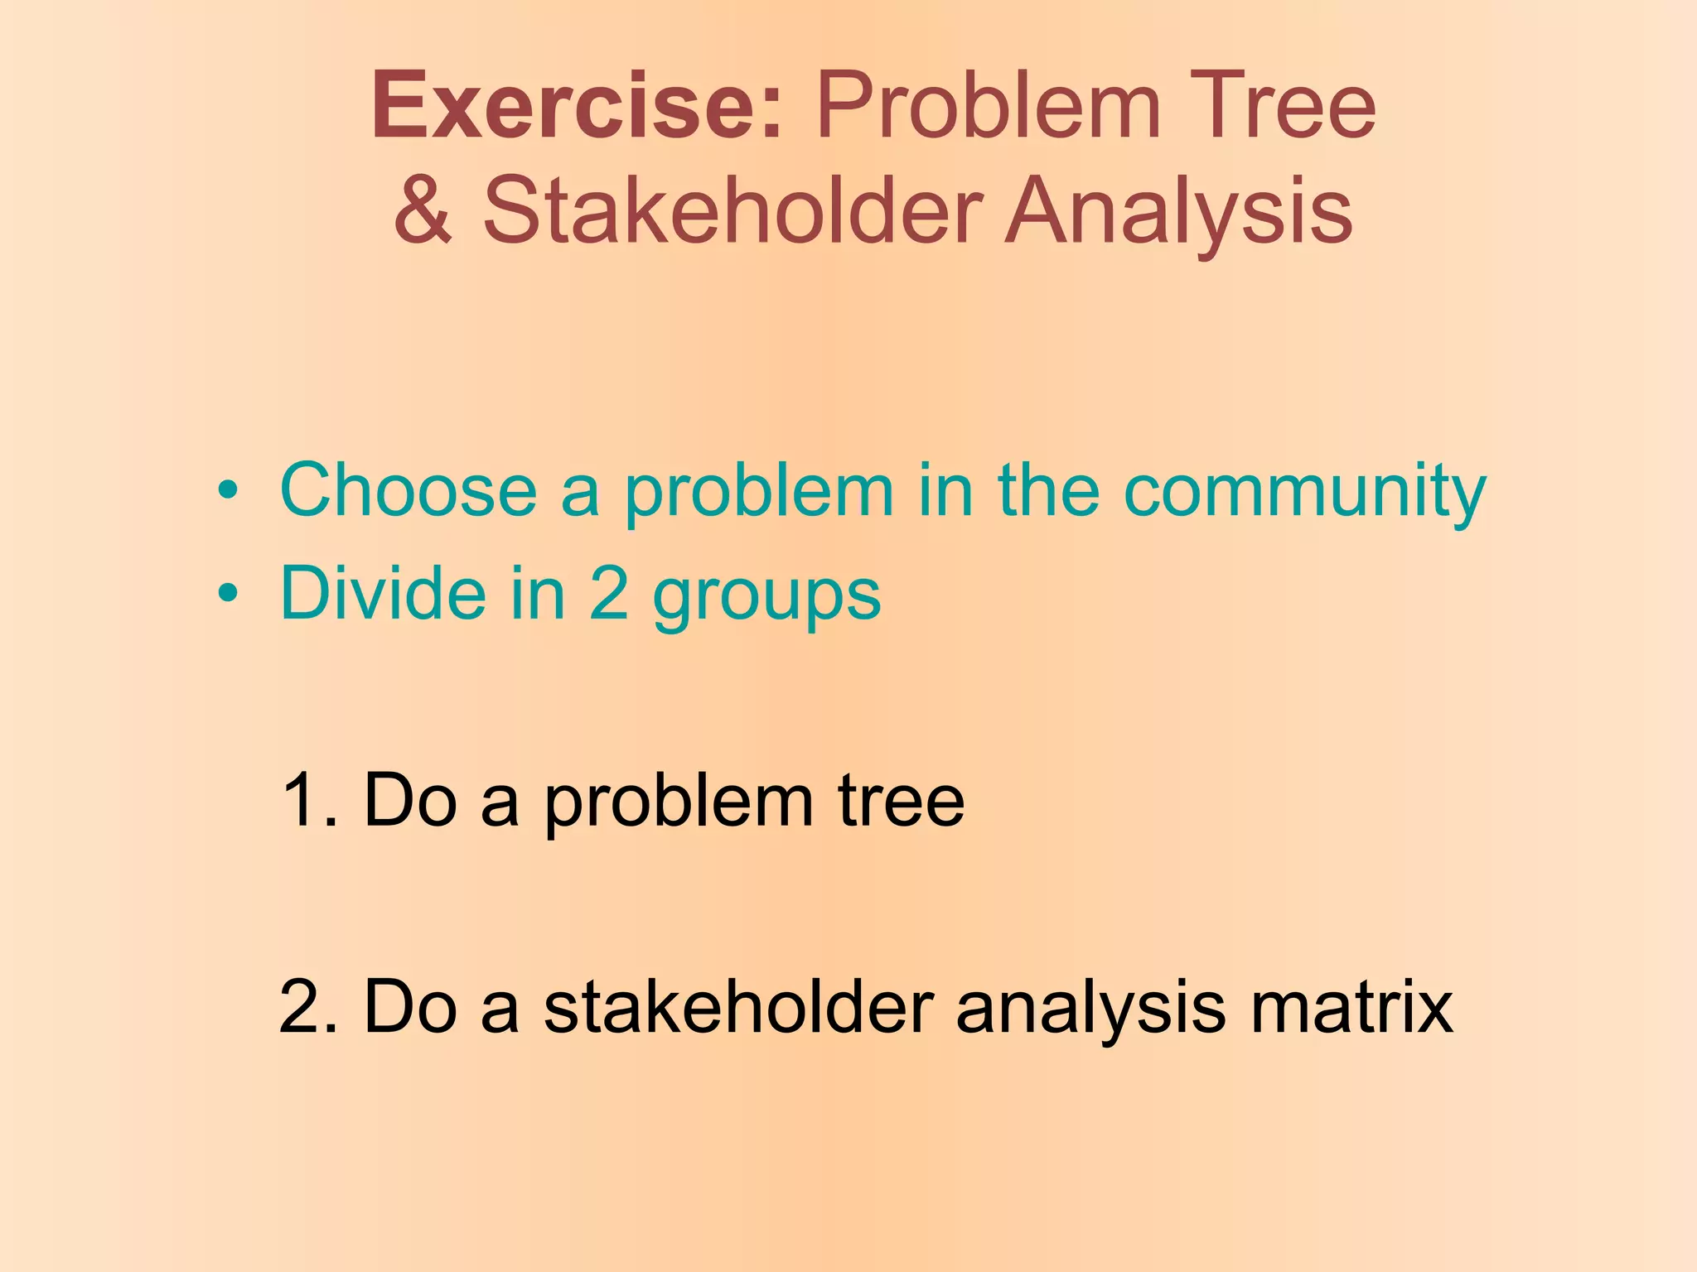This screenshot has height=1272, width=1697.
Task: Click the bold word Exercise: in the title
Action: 578,108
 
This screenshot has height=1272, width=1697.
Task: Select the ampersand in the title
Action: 423,211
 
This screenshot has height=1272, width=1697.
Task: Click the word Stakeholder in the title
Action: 732,211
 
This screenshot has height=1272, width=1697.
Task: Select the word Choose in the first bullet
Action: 409,490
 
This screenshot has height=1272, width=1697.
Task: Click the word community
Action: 1304,490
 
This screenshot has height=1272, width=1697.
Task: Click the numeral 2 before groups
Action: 609,593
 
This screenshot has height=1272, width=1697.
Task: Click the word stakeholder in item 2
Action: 738,1007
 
